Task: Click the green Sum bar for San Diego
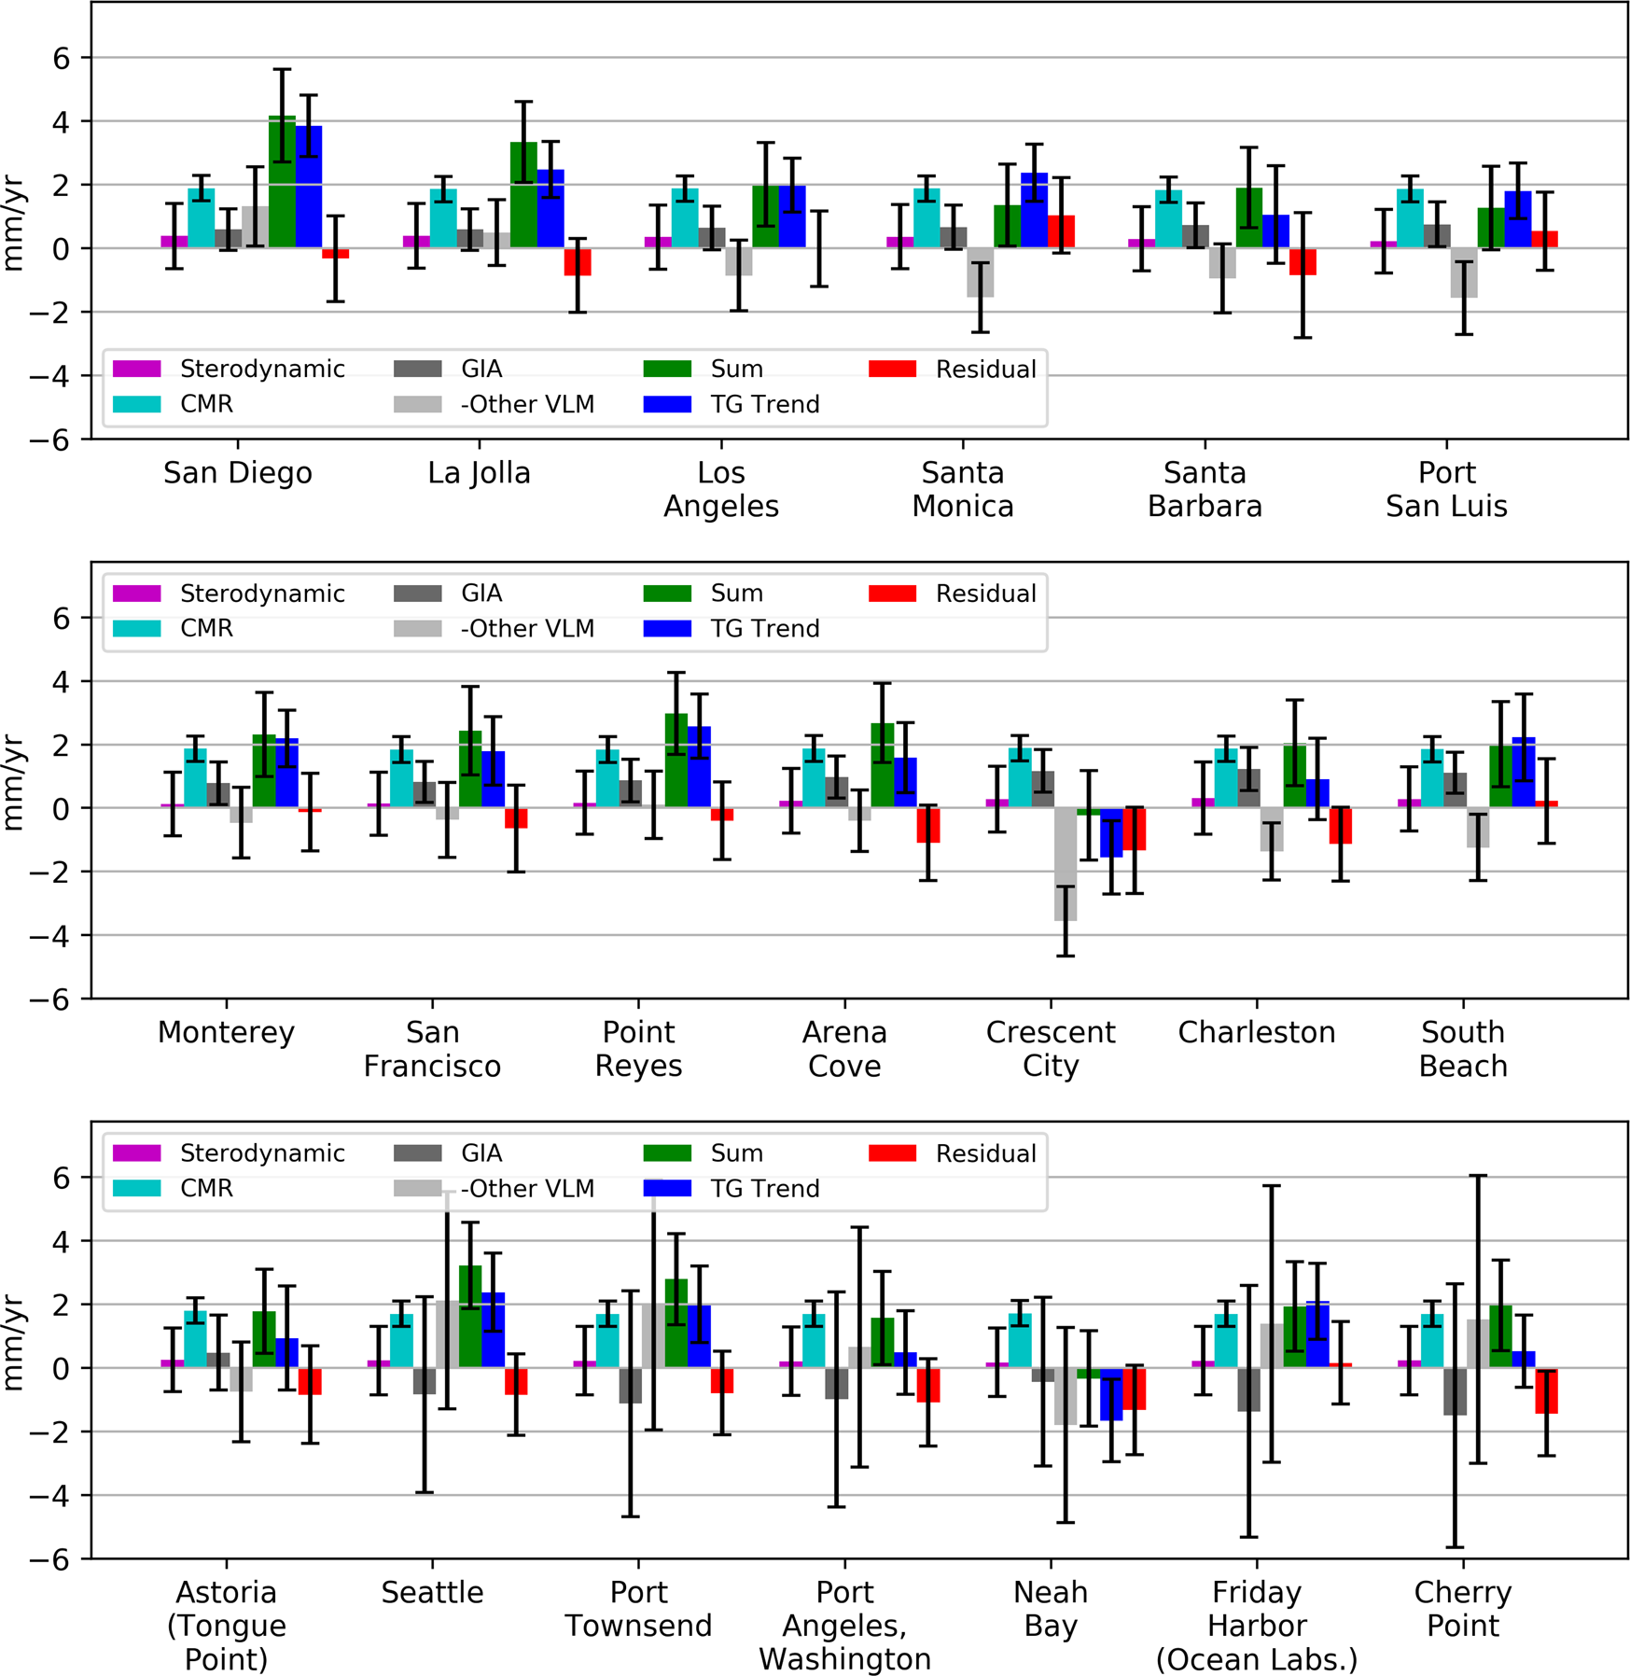click(x=282, y=183)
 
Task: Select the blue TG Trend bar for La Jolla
click(x=550, y=209)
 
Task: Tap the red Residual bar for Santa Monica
click(x=1061, y=231)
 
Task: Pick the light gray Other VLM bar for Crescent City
click(x=1065, y=864)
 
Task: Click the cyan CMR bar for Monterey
click(x=195, y=777)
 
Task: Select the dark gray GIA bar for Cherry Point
click(x=1454, y=1390)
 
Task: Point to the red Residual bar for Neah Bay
click(x=1134, y=1389)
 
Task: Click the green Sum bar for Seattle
click(x=470, y=1316)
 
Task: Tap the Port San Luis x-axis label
click(x=1445, y=489)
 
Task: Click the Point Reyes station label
click(x=638, y=1048)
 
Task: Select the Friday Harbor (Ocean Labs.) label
click(x=1256, y=1625)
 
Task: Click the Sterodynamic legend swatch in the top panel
click(x=137, y=369)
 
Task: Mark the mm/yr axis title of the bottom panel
click(x=13, y=1341)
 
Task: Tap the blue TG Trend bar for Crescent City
click(x=1110, y=832)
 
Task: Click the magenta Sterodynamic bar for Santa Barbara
click(x=1140, y=244)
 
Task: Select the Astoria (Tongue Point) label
click(x=226, y=1625)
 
